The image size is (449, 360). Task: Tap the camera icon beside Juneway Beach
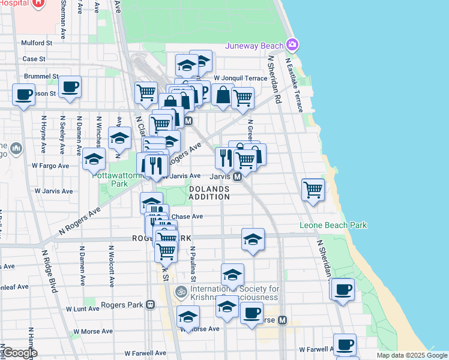pyautogui.click(x=292, y=45)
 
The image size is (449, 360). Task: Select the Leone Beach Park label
pyautogui.click(x=333, y=226)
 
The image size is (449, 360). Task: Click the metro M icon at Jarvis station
pyautogui.click(x=238, y=176)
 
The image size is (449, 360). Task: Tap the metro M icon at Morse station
pyautogui.click(x=282, y=320)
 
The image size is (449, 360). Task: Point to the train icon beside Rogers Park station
pyautogui.click(x=150, y=305)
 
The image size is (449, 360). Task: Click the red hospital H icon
pyautogui.click(x=38, y=3)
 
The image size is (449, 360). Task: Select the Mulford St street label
pyautogui.click(x=37, y=43)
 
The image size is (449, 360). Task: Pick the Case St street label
pyautogui.click(x=34, y=59)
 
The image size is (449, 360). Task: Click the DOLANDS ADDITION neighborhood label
pyautogui.click(x=209, y=193)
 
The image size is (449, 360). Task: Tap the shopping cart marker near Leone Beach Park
pyautogui.click(x=313, y=190)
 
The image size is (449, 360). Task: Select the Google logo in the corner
pyautogui.click(x=20, y=353)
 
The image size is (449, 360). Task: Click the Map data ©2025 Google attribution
pyautogui.click(x=412, y=355)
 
